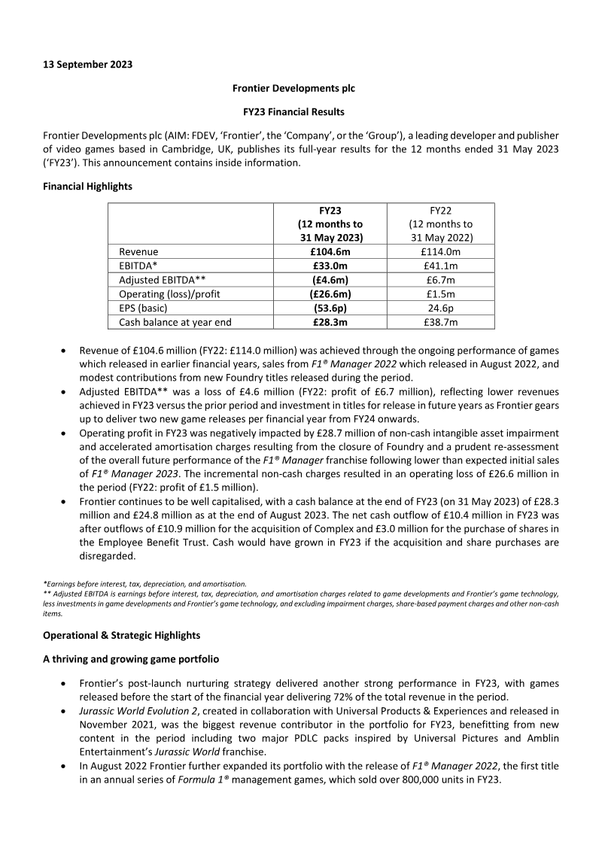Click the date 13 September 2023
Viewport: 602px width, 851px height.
pyautogui.click(x=87, y=64)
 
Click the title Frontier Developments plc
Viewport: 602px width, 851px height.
pyautogui.click(x=293, y=88)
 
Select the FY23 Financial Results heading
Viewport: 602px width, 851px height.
pyautogui.click(x=293, y=112)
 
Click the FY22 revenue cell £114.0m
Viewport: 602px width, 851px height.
pyautogui.click(x=440, y=251)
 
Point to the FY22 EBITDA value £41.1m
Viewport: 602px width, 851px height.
pyautogui.click(x=440, y=266)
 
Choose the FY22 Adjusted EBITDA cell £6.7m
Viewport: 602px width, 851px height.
pyautogui.click(x=440, y=280)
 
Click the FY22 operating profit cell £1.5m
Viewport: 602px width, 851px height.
pyautogui.click(x=440, y=294)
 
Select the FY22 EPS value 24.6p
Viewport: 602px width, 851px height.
pyautogui.click(x=440, y=308)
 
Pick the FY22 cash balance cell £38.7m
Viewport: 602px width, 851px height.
pyautogui.click(x=440, y=323)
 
